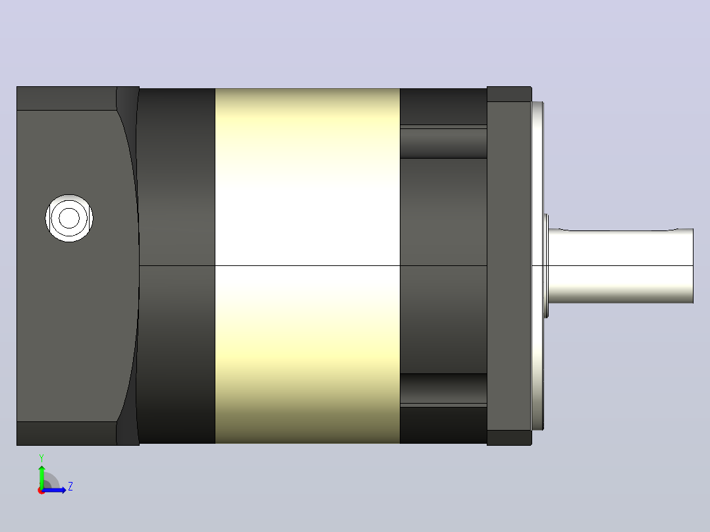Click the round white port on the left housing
coord(69,218)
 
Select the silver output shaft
coord(621,266)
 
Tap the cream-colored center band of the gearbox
coord(308,266)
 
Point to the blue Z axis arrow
coord(54,490)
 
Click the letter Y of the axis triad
coord(41,458)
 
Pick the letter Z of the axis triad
coord(70,487)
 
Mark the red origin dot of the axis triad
coord(41,491)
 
